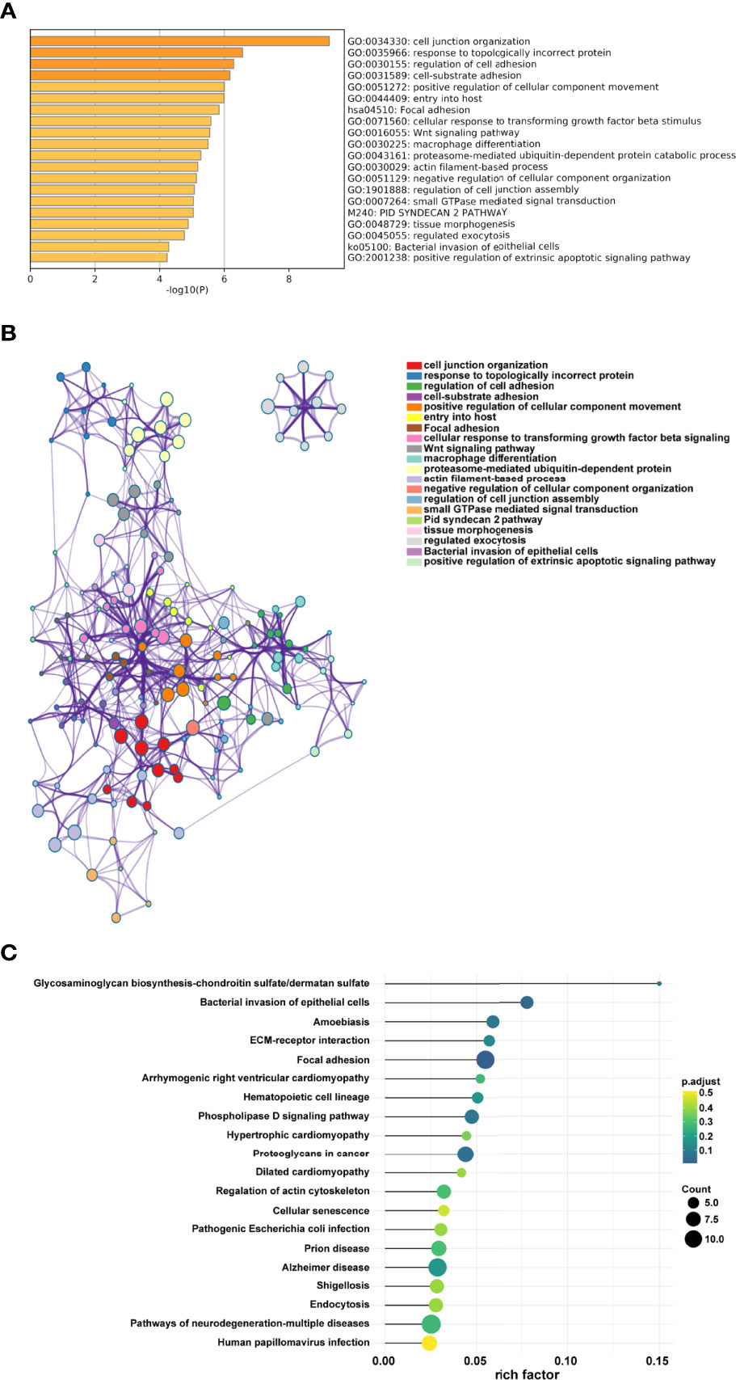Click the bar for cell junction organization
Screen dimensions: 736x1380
click(179, 41)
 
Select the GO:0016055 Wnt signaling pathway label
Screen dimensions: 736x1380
click(434, 133)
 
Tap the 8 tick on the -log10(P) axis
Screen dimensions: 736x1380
click(288, 280)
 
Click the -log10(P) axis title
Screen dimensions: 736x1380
click(187, 290)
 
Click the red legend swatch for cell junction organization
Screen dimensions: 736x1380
click(414, 365)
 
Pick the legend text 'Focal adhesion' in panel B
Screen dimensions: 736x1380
click(461, 428)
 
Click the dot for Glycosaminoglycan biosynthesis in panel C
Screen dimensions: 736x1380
click(659, 984)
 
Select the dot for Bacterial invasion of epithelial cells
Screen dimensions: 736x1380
click(527, 1002)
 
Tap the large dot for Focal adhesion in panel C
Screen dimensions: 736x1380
click(485, 1060)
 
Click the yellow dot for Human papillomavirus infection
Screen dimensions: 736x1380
click(429, 1343)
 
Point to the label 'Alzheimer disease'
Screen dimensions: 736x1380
click(326, 1268)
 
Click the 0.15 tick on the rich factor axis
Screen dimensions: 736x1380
click(658, 1361)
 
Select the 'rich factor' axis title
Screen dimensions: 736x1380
click(527, 1374)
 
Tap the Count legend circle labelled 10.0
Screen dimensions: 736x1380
click(692, 1239)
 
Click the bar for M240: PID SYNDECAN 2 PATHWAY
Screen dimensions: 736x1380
click(111, 213)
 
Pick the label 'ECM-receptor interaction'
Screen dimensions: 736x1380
click(309, 1040)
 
